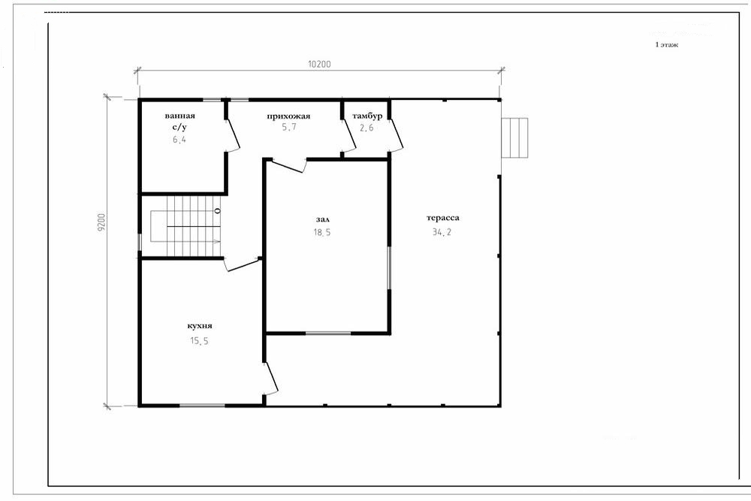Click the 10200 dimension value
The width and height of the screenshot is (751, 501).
click(319, 64)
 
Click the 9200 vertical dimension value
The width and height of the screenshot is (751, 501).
click(101, 222)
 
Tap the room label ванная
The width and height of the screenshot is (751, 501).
click(180, 116)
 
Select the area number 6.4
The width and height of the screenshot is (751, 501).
click(179, 140)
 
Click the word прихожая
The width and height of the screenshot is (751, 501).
click(288, 116)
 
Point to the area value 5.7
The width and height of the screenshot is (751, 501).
click(289, 128)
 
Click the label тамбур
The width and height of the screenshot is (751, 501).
click(367, 116)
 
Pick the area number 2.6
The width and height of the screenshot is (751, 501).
click(366, 128)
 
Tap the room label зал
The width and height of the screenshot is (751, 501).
click(323, 220)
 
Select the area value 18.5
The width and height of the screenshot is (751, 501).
click(322, 233)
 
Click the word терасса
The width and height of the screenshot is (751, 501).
click(443, 218)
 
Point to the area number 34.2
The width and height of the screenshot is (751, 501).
click(442, 232)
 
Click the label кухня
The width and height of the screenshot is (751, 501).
click(200, 326)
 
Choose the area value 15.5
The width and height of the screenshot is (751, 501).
click(199, 341)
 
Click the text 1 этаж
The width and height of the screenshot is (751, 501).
click(667, 44)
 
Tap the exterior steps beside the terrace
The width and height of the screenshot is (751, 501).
click(514, 138)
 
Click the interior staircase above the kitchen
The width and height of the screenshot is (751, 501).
click(185, 226)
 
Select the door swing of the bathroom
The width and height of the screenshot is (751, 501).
click(233, 135)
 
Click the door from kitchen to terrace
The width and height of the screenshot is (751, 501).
click(271, 379)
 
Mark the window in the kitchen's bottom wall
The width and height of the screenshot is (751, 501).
click(202, 406)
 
